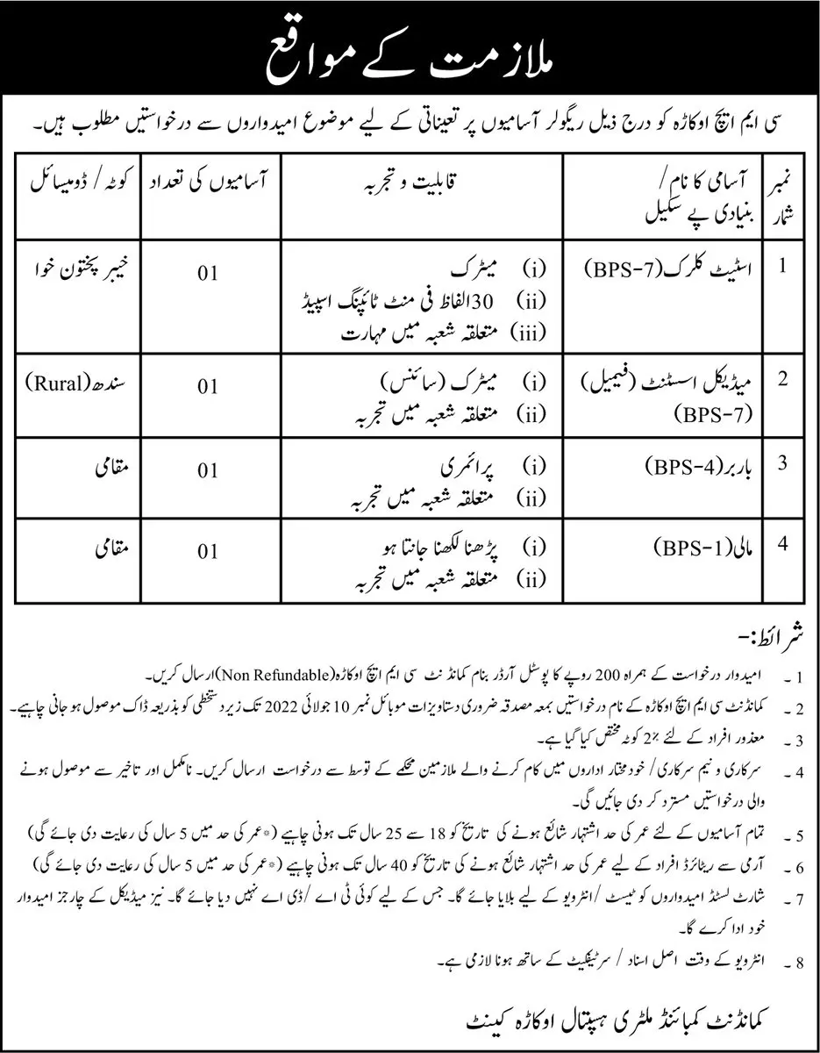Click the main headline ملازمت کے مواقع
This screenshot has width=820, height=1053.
409,55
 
